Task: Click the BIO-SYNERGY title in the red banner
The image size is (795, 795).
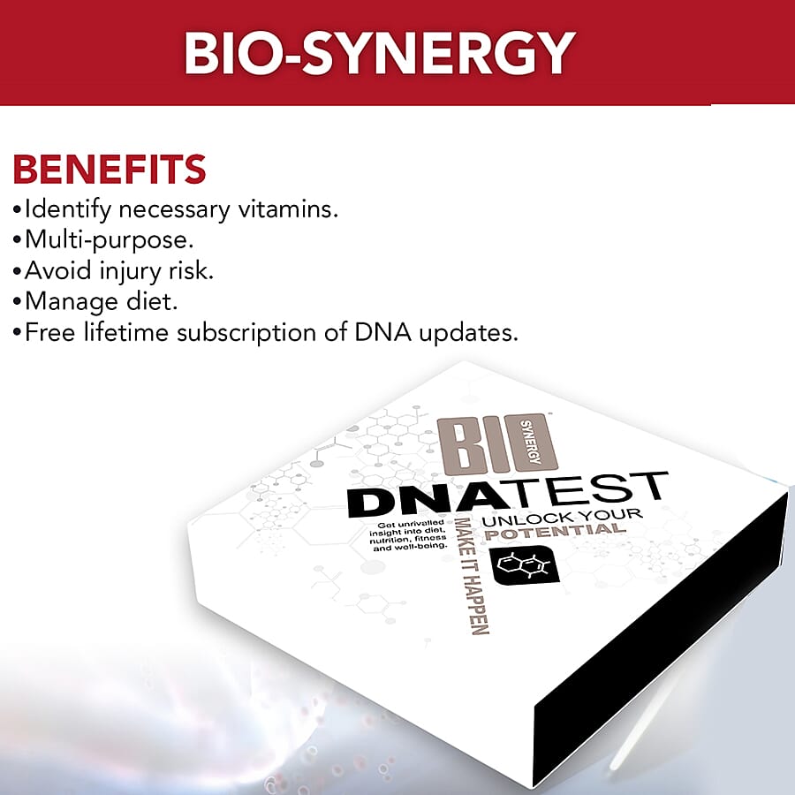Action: coord(379,52)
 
